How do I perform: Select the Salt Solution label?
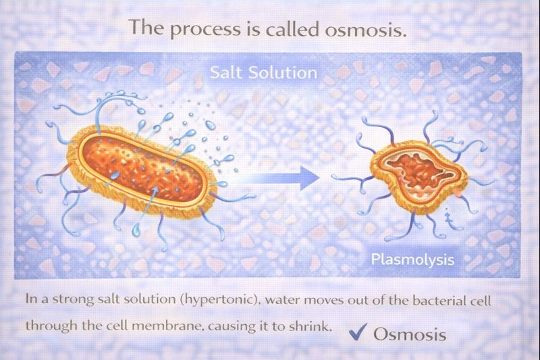tap(263, 72)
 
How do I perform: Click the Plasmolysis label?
tap(412, 259)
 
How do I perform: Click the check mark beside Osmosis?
tap(358, 332)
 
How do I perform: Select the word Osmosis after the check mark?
tap(410, 334)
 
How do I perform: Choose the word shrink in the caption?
tap(314, 325)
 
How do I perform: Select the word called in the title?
tap(283, 29)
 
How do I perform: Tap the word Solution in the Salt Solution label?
tap(282, 72)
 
